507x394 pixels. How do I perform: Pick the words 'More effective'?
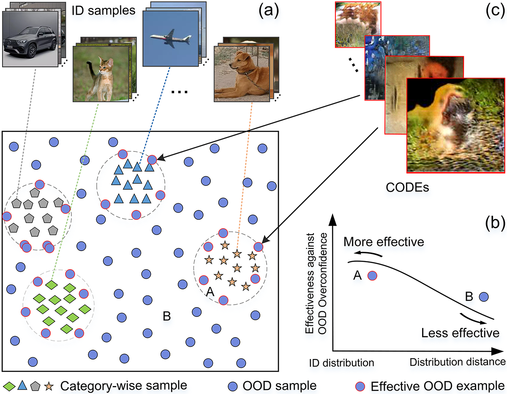click(383, 242)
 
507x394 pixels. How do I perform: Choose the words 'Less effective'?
click(460, 333)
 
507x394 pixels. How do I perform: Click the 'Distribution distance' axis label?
click(458, 362)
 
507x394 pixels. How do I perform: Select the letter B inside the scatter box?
click(166, 316)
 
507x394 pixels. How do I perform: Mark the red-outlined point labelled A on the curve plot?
click(372, 275)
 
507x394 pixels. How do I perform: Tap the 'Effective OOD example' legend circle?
click(360, 386)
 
